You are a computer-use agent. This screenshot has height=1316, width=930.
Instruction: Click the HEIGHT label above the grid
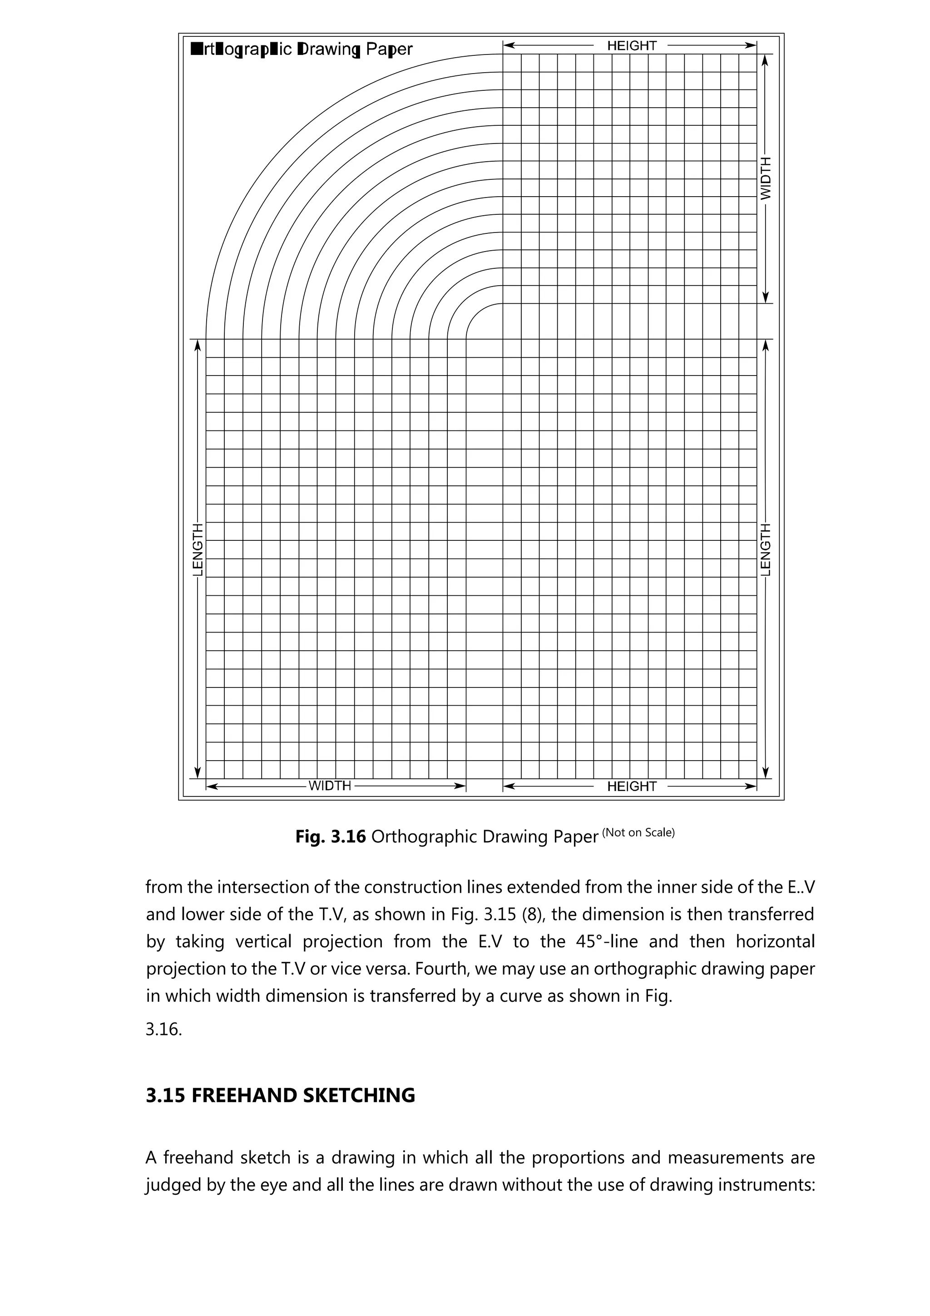click(632, 45)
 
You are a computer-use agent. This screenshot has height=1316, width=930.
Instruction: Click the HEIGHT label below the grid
click(632, 787)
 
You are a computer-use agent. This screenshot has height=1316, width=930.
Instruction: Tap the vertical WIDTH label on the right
click(766, 178)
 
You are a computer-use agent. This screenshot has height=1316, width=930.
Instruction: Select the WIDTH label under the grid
click(330, 786)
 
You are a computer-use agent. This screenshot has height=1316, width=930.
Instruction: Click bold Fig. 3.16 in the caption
click(330, 837)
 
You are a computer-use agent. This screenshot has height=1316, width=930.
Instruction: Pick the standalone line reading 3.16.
click(163, 1029)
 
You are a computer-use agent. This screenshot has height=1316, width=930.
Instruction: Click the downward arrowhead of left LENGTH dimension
click(198, 772)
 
